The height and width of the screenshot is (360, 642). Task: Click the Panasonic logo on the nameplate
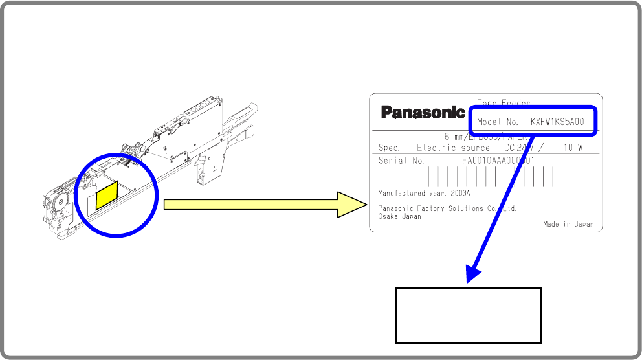[423, 113]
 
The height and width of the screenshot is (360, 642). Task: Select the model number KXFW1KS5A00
[557, 122]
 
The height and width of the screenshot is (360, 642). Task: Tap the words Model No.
[497, 122]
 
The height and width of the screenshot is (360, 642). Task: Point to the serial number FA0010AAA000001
[498, 161]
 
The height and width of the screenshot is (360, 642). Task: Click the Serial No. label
[401, 161]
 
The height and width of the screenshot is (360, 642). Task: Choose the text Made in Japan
[568, 224]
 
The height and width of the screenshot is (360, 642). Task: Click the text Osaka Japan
[399, 216]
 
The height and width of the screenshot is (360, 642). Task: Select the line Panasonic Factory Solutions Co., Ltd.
[447, 208]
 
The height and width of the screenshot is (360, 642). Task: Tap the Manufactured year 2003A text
[424, 193]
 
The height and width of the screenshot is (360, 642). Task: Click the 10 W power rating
[573, 148]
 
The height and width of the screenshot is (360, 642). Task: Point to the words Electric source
[453, 148]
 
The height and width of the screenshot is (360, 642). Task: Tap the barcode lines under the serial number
[485, 176]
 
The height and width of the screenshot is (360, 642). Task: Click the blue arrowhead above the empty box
[473, 273]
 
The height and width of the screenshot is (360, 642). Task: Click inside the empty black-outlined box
[468, 315]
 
